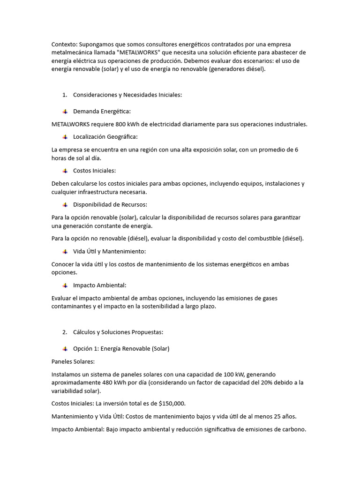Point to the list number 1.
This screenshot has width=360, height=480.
coord(64,95)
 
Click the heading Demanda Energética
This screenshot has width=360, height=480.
coord(102,112)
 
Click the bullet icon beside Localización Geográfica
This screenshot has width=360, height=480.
coord(65,137)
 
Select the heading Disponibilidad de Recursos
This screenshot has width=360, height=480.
coord(110,204)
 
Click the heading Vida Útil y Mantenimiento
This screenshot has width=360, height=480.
coord(109,251)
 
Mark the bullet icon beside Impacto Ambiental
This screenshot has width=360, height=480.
coord(65,285)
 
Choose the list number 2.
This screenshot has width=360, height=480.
coord(64,332)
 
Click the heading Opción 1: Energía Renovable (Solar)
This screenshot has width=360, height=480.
coord(121,349)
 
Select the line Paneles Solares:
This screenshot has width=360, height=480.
coord(73,361)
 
